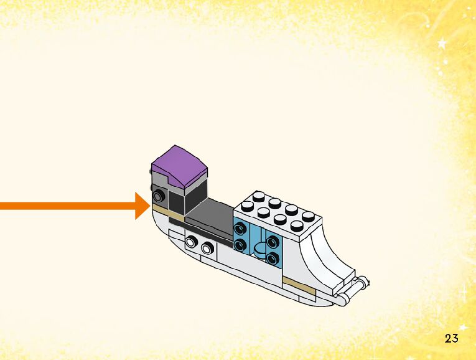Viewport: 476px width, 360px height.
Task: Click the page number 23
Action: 452,338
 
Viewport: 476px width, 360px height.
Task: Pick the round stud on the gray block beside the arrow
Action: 158,197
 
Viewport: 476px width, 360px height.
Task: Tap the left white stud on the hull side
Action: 193,241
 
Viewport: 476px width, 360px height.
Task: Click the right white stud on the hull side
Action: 206,249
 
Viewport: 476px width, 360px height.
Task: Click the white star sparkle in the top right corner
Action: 443,44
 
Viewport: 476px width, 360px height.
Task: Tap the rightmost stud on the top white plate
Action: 309,216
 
